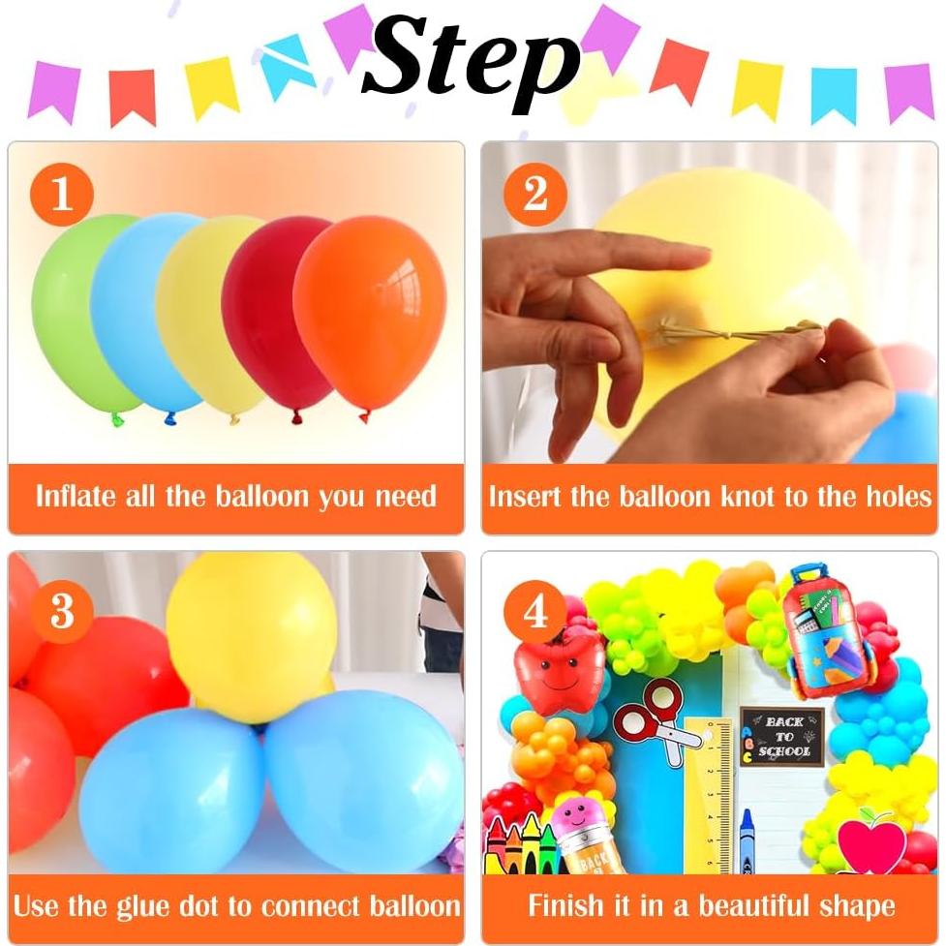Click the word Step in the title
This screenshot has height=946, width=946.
pos(472,60)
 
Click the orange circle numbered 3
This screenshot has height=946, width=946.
pos(63,611)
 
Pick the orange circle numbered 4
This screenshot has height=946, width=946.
pos(535,611)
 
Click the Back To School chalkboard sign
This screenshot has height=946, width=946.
pos(782,737)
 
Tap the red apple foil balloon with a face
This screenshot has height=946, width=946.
pos(559,674)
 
